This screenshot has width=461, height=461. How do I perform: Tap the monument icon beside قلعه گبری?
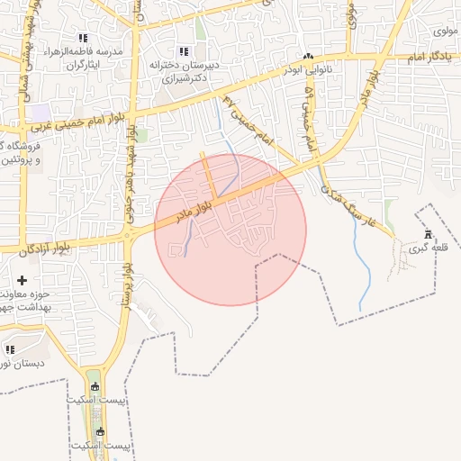[x=428, y=235]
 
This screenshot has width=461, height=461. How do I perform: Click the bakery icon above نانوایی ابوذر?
[x=309, y=56]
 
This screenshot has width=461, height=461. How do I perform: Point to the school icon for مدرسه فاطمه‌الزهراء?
[x=83, y=38]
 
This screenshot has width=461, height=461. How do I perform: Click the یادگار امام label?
[x=434, y=56]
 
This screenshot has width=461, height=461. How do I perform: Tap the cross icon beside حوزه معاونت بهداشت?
[x=22, y=280]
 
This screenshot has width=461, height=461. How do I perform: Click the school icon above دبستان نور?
[x=10, y=348]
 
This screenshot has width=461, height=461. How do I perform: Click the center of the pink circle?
[x=230, y=230]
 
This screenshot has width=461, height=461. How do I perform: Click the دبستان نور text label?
[x=16, y=364]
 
